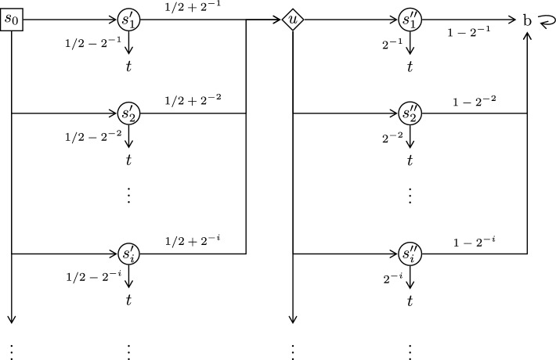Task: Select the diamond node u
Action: (292, 20)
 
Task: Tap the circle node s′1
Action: (129, 20)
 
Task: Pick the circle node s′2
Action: (129, 113)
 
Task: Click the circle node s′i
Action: (129, 254)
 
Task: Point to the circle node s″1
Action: (410, 20)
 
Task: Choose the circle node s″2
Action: (410, 113)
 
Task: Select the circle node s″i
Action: (410, 254)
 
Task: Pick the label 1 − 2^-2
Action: (475, 101)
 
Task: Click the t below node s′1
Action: (129, 67)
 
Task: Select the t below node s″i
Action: (410, 301)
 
